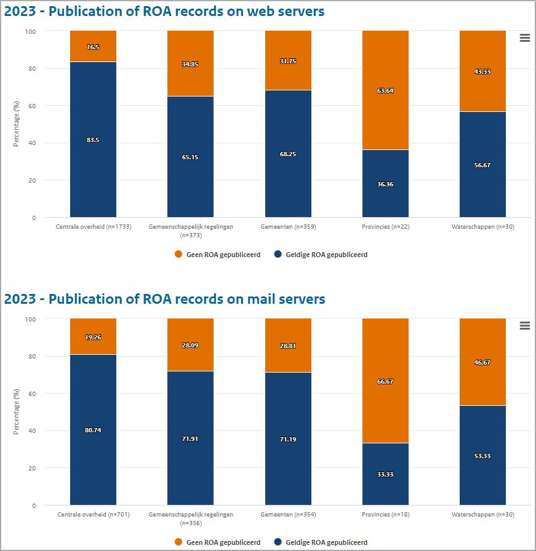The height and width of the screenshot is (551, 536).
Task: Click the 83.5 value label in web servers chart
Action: (93, 140)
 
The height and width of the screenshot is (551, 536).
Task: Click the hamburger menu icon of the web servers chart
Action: (524, 38)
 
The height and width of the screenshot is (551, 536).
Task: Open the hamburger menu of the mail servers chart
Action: (524, 326)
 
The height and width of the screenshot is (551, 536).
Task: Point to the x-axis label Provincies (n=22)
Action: (385, 227)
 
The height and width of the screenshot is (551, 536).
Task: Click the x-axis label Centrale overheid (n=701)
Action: (93, 515)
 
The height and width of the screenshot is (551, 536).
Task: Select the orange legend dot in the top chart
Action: (178, 255)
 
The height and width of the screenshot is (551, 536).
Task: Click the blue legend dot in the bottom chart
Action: (278, 542)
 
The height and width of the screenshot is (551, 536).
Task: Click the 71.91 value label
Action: (190, 438)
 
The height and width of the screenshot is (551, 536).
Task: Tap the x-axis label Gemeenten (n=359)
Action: (288, 227)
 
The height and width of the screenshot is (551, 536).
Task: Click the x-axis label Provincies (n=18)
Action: (385, 515)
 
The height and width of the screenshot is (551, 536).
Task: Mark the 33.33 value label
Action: (385, 474)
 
